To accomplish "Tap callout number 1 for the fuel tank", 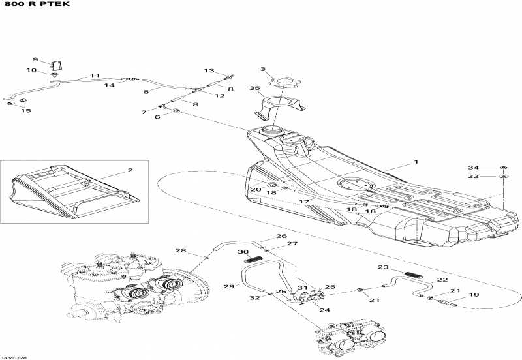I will [416, 162].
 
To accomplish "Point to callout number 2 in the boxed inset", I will [130, 171].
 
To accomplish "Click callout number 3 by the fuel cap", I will [263, 68].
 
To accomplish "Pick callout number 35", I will [254, 88].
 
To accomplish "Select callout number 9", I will [36, 59].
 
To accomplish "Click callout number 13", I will [209, 70].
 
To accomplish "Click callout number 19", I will [474, 295].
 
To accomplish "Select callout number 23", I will [383, 267].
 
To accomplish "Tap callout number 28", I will [180, 251].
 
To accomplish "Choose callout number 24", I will [325, 310].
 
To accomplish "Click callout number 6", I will [157, 117].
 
